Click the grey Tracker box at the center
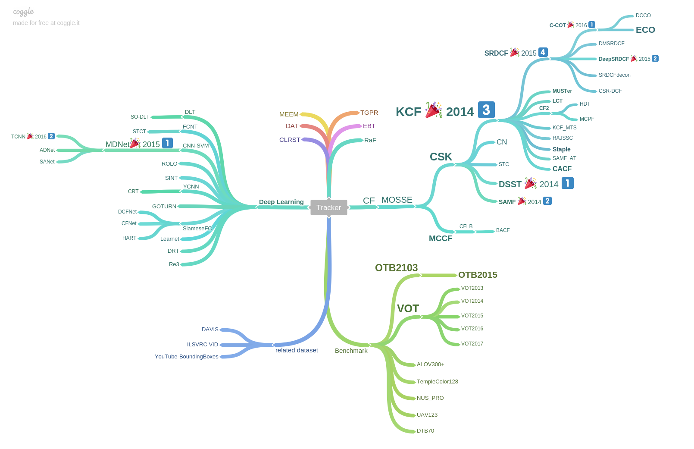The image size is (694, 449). pyautogui.click(x=328, y=207)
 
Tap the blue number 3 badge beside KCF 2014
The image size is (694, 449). pyautogui.click(x=486, y=110)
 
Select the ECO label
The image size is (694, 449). pyautogui.click(x=645, y=30)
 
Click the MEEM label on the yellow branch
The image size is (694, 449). pyautogui.click(x=289, y=114)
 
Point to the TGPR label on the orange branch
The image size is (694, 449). pyautogui.click(x=369, y=113)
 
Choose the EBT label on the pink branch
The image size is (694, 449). pyautogui.click(x=369, y=126)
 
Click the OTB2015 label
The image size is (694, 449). pyautogui.click(x=478, y=275)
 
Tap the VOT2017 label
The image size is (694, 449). pyautogui.click(x=472, y=344)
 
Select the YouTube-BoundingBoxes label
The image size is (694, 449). pyautogui.click(x=187, y=357)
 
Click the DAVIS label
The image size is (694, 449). pyautogui.click(x=210, y=330)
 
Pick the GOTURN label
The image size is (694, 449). pyautogui.click(x=164, y=207)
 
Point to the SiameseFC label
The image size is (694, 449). pyautogui.click(x=197, y=229)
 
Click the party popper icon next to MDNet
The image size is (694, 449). pyautogui.click(x=135, y=143)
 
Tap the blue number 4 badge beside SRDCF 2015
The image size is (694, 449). pyautogui.click(x=543, y=52)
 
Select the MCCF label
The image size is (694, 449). pyautogui.click(x=441, y=239)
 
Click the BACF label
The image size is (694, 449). pyautogui.click(x=503, y=230)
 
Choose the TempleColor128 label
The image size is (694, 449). pyautogui.click(x=437, y=382)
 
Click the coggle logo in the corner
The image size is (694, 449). pyautogui.click(x=23, y=12)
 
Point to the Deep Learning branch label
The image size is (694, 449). pyautogui.click(x=281, y=202)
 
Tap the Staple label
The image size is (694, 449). pyautogui.click(x=561, y=149)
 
